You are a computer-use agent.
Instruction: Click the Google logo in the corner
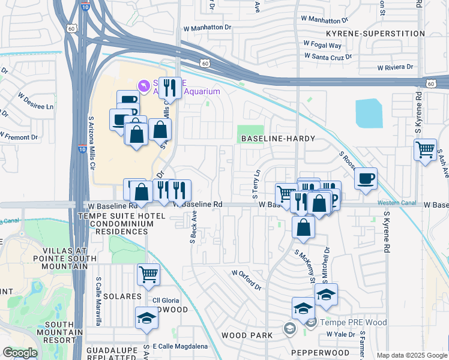(20, 353)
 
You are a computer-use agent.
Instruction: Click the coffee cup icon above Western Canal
(365, 178)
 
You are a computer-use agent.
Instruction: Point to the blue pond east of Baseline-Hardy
(368, 113)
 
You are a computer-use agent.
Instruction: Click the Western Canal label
(397, 203)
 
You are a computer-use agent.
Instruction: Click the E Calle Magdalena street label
(180, 346)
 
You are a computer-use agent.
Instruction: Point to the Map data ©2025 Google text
(412, 355)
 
